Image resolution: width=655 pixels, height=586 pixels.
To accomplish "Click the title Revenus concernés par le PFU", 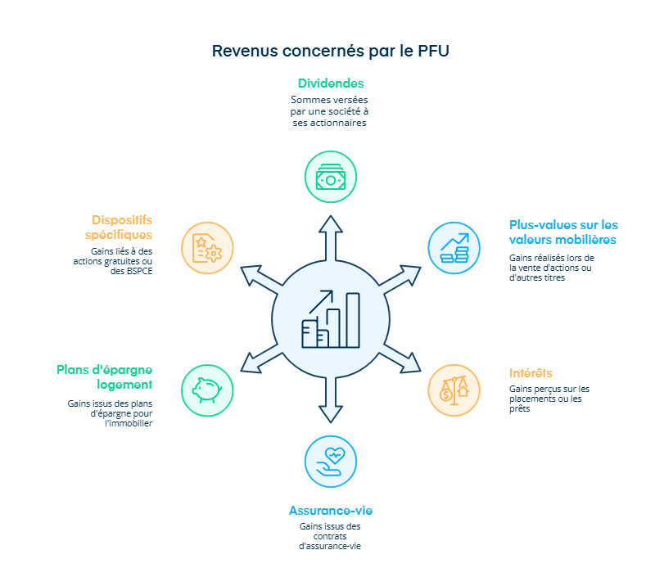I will (x=330, y=51).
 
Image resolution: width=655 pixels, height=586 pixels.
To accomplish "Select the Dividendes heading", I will (x=331, y=83).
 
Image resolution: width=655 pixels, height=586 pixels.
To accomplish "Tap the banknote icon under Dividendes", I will (x=331, y=177).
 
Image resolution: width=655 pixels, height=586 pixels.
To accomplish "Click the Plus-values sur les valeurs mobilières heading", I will (x=563, y=232).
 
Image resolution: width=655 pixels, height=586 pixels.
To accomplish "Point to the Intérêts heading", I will (x=531, y=373).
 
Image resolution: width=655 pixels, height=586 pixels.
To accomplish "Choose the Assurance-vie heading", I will (x=331, y=511).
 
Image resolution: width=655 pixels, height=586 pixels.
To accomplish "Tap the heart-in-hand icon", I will (x=331, y=461).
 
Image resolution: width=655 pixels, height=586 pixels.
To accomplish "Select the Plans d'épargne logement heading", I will (x=105, y=376).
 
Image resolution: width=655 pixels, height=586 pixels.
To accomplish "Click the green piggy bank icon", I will (x=206, y=390).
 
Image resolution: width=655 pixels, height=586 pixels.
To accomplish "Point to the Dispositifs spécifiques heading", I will (x=122, y=227).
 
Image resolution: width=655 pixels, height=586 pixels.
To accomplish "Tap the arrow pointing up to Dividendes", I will (x=331, y=237).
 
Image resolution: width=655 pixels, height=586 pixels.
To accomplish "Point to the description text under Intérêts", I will (x=549, y=399).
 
